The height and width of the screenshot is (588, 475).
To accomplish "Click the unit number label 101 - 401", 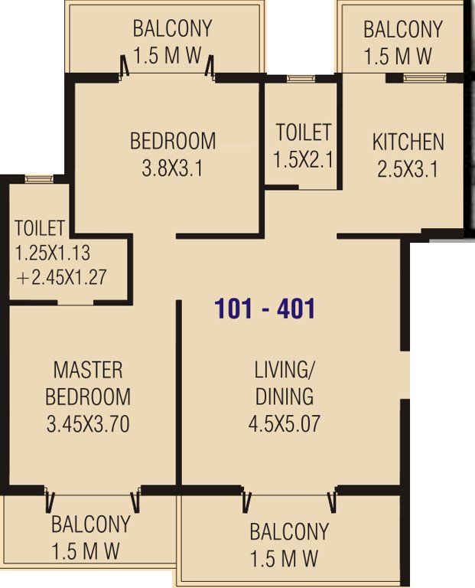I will point(265,309).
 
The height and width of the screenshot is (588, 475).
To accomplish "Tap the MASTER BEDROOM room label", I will point(88,384).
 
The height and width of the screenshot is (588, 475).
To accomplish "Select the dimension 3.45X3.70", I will point(88,423).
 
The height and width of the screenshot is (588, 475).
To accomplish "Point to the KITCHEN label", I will point(408,142).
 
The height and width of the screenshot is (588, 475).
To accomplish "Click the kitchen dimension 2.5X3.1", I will point(408,168).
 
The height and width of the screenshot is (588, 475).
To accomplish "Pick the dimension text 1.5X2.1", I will point(304,160).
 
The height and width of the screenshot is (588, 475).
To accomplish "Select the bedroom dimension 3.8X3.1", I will point(172,168).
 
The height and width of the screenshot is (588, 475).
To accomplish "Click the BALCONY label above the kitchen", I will point(402,30).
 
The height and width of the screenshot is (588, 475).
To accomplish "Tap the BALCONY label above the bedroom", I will point(172,29).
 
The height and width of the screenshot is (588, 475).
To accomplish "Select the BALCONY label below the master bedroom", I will point(90,525).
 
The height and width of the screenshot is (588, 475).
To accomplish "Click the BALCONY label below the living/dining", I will point(289,531).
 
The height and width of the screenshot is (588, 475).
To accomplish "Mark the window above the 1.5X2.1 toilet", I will point(301,78).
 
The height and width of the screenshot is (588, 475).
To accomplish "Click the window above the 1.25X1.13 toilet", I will point(37,179).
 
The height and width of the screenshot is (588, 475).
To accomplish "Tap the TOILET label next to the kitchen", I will point(304,132).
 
